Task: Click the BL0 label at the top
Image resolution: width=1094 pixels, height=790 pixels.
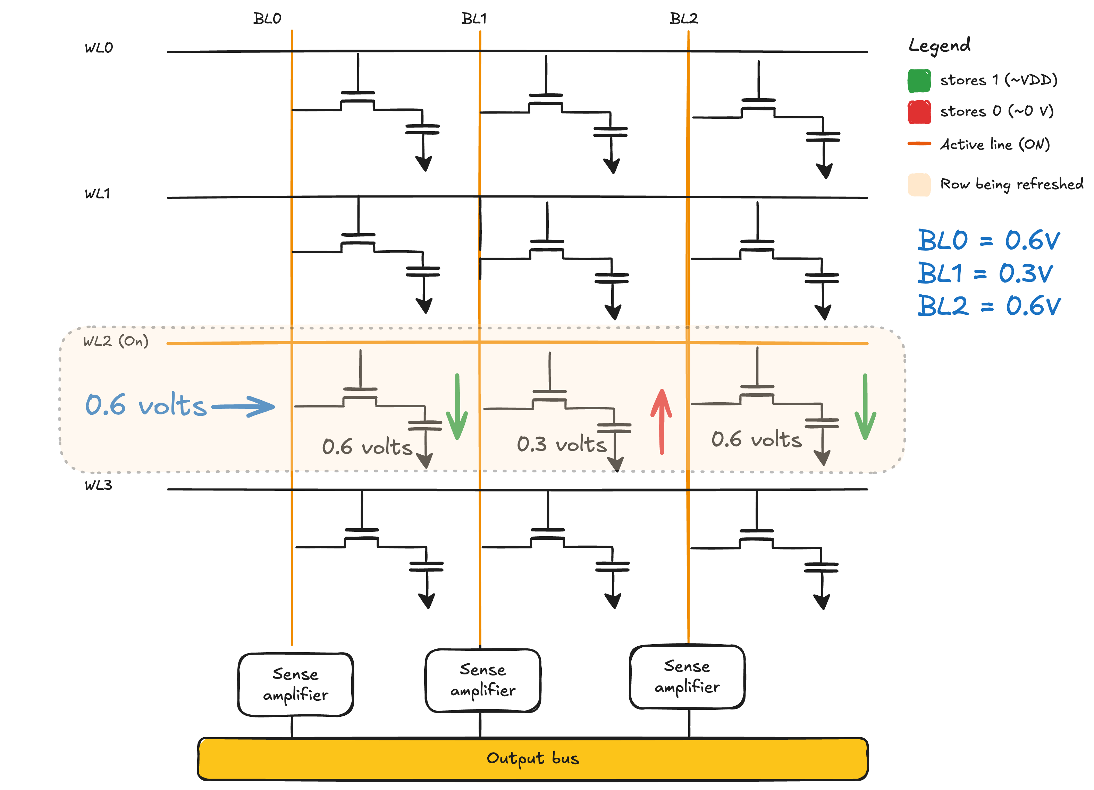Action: (x=267, y=18)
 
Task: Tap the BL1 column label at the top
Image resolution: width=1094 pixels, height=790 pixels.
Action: (x=474, y=18)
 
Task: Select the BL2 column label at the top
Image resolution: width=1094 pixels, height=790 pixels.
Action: (x=684, y=18)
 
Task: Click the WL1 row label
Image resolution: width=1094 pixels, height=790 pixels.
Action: (x=98, y=194)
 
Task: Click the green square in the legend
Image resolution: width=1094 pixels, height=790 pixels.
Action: (x=919, y=81)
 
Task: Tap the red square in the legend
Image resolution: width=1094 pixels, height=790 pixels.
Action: (x=919, y=112)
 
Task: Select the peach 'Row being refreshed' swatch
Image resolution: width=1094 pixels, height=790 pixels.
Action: (x=919, y=185)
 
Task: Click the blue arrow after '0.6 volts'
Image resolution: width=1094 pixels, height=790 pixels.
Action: (x=243, y=406)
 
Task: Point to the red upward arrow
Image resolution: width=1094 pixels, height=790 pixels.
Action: (x=661, y=422)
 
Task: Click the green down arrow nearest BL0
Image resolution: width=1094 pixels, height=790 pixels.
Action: (x=457, y=406)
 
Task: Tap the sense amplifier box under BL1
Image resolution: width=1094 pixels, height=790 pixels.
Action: (x=483, y=681)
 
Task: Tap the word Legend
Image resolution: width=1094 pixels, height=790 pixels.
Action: (x=940, y=46)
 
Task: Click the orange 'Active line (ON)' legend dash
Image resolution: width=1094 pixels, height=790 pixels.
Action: (x=919, y=144)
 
